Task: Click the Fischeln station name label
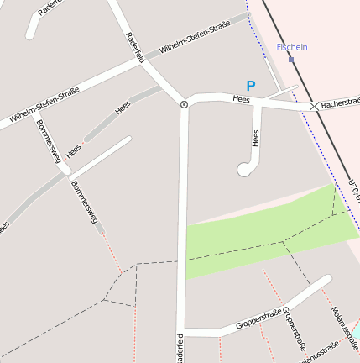pyautogui.click(x=292, y=47)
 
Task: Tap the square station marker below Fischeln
pyautogui.click(x=291, y=59)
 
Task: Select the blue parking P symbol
pyautogui.click(x=250, y=86)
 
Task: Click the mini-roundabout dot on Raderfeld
pyautogui.click(x=184, y=104)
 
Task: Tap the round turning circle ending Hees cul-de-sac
pyautogui.click(x=245, y=170)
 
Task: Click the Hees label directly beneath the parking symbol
pyautogui.click(x=242, y=100)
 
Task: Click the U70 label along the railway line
pyautogui.click(x=353, y=190)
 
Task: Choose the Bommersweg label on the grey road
pyautogui.click(x=85, y=202)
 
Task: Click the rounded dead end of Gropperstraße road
pyautogui.click(x=326, y=281)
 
